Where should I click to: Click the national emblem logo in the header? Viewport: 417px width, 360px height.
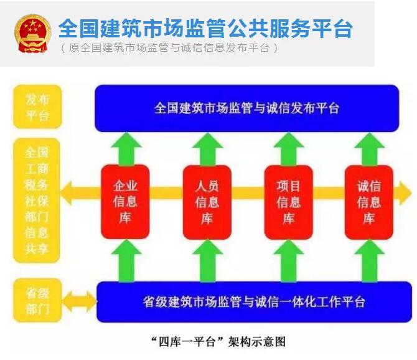[x=32, y=34]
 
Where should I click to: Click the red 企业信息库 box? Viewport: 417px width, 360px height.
[x=125, y=201]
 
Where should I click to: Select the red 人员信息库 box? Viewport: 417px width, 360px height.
[x=207, y=202]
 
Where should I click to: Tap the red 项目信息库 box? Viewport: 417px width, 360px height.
[x=288, y=202]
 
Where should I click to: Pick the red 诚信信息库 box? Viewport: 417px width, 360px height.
[x=369, y=202]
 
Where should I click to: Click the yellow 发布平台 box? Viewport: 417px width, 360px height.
[x=37, y=107]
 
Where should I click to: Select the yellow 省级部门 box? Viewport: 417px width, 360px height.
[x=37, y=300]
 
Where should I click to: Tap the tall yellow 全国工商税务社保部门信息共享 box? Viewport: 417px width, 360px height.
[x=37, y=201]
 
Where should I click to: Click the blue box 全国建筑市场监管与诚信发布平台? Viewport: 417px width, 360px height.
[x=247, y=108]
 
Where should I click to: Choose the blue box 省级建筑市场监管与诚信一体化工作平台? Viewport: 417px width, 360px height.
[x=254, y=301]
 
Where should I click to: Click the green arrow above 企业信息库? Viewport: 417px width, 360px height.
[x=126, y=149]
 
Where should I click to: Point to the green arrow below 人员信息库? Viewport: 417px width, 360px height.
[x=207, y=261]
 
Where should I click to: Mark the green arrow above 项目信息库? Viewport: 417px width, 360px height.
[x=289, y=149]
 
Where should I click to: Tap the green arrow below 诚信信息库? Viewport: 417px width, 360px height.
[x=370, y=261]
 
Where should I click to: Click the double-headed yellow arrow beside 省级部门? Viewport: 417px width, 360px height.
[x=79, y=301]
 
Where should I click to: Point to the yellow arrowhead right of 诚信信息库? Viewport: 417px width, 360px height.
[x=405, y=193]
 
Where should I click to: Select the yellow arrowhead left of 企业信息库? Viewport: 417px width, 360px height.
[x=67, y=193]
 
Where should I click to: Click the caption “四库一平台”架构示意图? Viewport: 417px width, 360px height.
[x=218, y=342]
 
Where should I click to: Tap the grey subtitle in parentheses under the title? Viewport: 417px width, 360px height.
[x=169, y=48]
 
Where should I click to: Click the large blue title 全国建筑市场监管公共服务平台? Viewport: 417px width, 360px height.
[x=205, y=28]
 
